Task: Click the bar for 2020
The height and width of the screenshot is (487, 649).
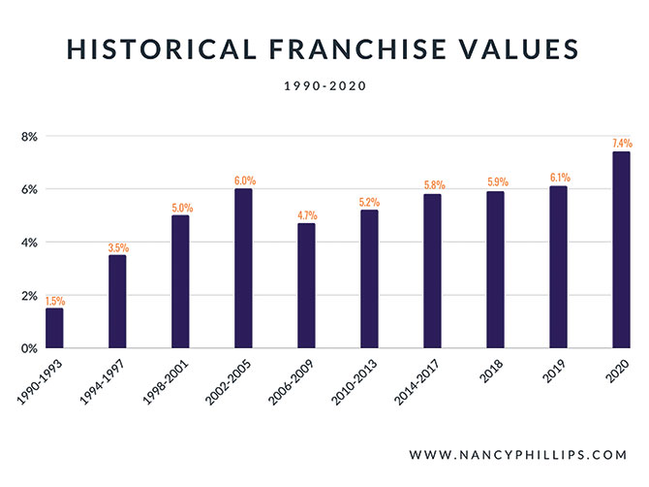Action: tap(621, 249)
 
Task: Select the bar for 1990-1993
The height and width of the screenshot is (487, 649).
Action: tap(54, 327)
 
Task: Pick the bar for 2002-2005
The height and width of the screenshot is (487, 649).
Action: tap(243, 268)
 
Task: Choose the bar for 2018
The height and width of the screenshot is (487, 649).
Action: tap(495, 269)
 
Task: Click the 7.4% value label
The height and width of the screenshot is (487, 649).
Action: tap(621, 144)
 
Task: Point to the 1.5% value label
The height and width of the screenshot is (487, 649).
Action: tap(54, 300)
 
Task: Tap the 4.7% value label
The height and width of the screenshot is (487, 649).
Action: tap(306, 215)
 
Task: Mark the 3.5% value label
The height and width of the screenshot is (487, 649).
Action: tap(117, 247)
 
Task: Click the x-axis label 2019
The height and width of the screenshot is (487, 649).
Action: tap(553, 370)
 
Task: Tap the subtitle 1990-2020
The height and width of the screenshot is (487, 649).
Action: tap(324, 86)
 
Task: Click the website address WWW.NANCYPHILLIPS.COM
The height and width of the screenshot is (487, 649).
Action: tap(519, 454)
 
